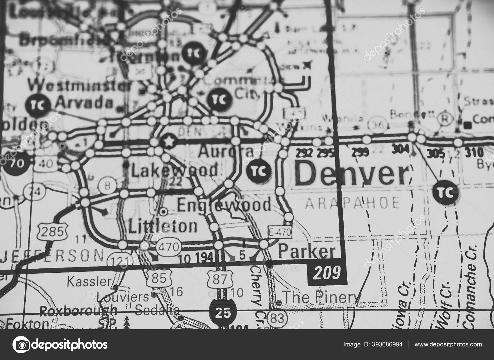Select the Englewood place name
click(224, 205)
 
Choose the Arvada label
click(85, 103)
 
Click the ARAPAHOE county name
click(352, 203)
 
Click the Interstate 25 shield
click(223, 313)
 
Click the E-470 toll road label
click(280, 233)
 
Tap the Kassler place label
click(89, 281)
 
